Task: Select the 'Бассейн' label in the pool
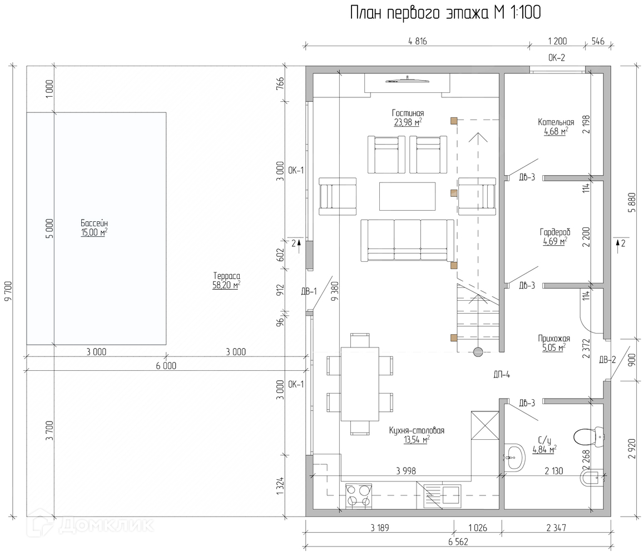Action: pyautogui.click(x=94, y=224)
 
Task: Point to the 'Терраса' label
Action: pyautogui.click(x=226, y=276)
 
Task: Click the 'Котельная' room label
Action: pyautogui.click(x=555, y=122)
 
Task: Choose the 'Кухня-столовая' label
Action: pyautogui.click(x=417, y=430)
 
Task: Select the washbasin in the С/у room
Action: pyautogui.click(x=514, y=457)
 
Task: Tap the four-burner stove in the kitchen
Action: pyautogui.click(x=359, y=495)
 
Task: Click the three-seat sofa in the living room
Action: pyautogui.click(x=408, y=240)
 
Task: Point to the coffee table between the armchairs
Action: pyautogui.click(x=407, y=196)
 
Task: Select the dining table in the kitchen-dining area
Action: pyautogui.click(x=359, y=384)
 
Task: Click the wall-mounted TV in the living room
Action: pyautogui.click(x=408, y=81)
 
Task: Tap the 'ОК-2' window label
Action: pyautogui.click(x=556, y=57)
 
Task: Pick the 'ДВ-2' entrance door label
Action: pyautogui.click(x=607, y=360)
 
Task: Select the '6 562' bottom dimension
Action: pyautogui.click(x=458, y=542)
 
